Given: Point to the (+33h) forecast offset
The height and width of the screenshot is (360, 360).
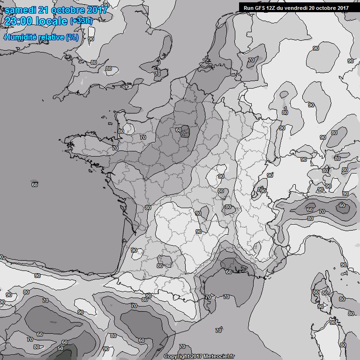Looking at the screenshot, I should pyautogui.click(x=81, y=22).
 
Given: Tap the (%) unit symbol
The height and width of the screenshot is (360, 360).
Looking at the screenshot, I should pyautogui.click(x=72, y=37).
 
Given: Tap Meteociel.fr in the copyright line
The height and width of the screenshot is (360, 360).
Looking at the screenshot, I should pyautogui.click(x=218, y=356).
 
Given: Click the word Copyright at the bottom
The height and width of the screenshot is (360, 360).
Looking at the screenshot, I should pyautogui.click(x=177, y=356).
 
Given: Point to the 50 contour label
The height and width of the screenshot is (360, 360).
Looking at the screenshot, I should pyautogui.click(x=60, y=348).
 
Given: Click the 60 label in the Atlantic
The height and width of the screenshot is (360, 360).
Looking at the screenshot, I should pyautogui.click(x=35, y=184).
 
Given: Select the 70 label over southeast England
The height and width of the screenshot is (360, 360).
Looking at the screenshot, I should pyautogui.click(x=157, y=74).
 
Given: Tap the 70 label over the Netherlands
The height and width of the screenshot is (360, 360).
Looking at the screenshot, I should pyautogui.click(x=251, y=60).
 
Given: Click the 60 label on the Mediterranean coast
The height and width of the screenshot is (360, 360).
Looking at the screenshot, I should pyautogui.click(x=229, y=272).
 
